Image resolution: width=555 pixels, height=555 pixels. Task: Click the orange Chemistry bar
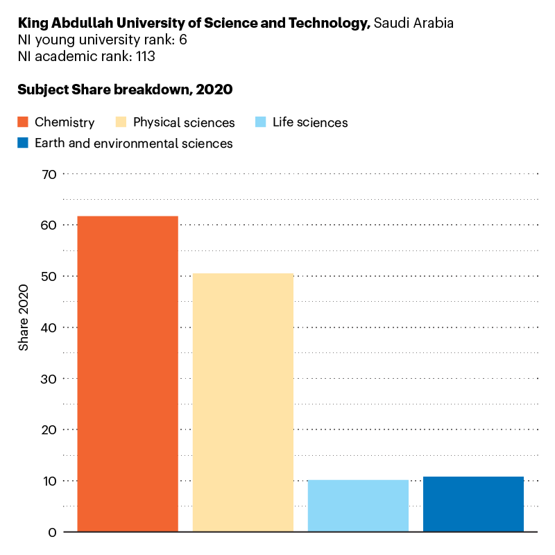point(128,374)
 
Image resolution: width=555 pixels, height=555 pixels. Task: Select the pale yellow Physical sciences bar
point(243,402)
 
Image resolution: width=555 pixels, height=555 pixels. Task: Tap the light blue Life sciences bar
point(358,506)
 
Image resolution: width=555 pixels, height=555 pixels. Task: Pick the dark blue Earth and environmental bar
point(473,504)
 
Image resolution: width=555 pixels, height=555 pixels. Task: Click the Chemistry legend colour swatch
point(23,123)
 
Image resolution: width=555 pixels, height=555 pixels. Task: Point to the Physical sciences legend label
point(184,123)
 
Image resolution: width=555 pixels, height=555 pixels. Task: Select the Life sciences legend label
point(310,123)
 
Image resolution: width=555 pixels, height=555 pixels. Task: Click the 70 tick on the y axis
point(49,174)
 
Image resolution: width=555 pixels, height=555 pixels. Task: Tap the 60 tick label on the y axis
point(49,225)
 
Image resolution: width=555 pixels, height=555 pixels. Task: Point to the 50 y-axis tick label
point(49,276)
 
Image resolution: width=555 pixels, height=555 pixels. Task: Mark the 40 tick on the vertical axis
point(49,327)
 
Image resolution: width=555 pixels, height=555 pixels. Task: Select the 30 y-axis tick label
point(49,379)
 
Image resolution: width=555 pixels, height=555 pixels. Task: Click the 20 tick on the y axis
point(49,430)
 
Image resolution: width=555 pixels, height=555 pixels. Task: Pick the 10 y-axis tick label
point(49,481)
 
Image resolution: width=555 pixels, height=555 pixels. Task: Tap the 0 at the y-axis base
point(52,532)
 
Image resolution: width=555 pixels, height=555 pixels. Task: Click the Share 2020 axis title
point(24,317)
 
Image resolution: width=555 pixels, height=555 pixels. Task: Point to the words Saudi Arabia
point(413,23)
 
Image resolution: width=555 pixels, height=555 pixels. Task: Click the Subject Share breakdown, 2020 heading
point(125,89)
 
